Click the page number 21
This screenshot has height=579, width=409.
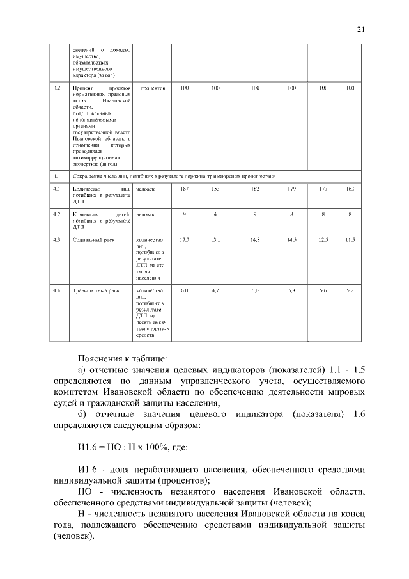(x=360, y=29)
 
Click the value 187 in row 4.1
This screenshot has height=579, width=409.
(x=184, y=189)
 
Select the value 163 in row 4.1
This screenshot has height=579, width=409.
(x=350, y=189)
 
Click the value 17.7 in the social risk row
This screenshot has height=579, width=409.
(x=184, y=239)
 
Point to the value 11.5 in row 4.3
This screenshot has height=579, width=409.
(x=350, y=239)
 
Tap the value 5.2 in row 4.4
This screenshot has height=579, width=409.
(x=350, y=290)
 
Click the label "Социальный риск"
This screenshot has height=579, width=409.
(x=92, y=239)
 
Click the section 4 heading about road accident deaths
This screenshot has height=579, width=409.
(x=173, y=175)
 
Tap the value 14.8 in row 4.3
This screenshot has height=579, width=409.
(x=255, y=239)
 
